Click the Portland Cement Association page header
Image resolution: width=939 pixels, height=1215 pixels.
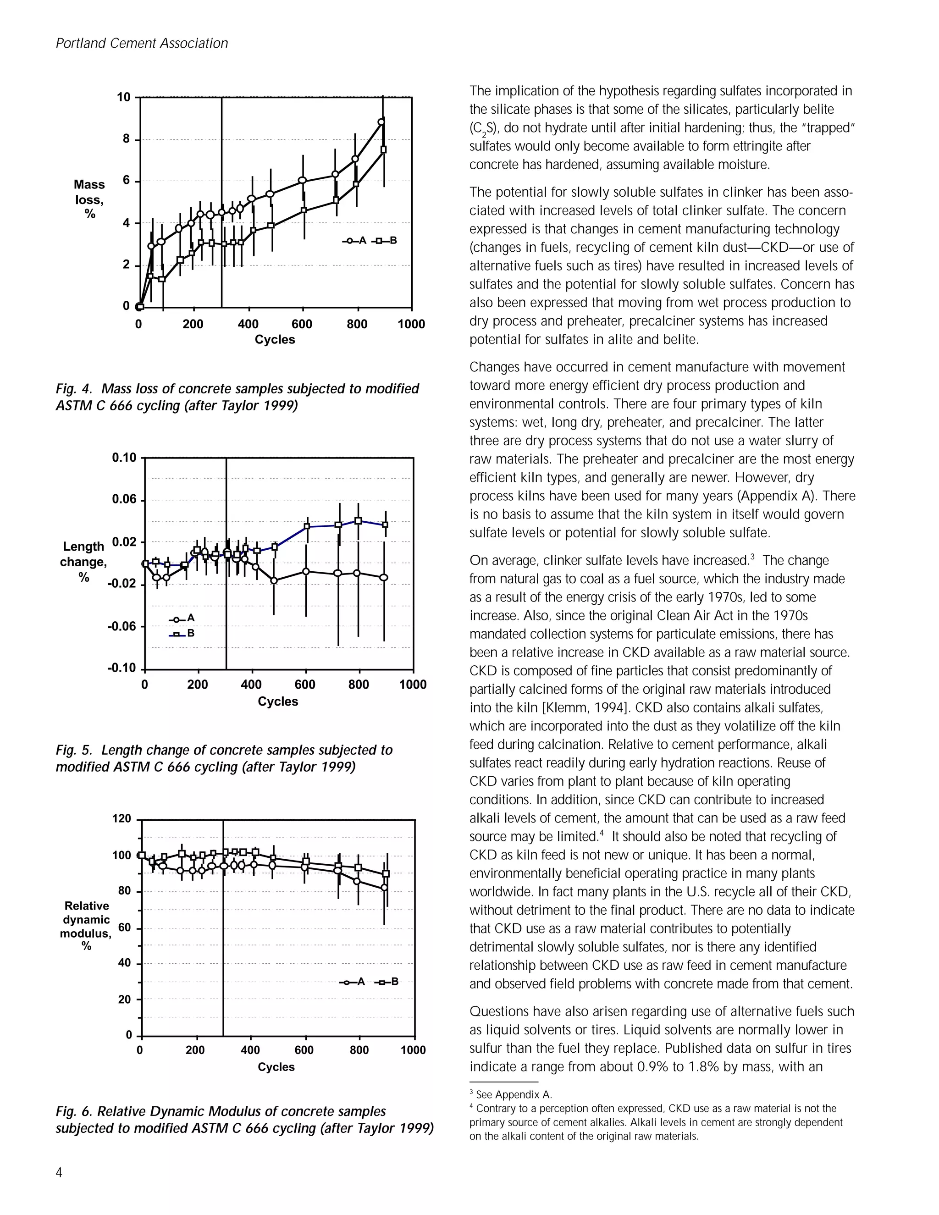tap(142, 44)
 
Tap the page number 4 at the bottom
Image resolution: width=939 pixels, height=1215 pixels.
tap(59, 1173)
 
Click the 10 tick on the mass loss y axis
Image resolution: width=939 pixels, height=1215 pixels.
tap(123, 97)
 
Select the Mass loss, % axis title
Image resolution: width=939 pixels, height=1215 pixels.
tap(89, 199)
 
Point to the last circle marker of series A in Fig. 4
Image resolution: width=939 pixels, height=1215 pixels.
tap(381, 122)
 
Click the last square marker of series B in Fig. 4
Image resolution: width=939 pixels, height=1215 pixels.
tap(383, 149)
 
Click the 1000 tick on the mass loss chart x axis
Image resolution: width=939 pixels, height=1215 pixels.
tap(411, 324)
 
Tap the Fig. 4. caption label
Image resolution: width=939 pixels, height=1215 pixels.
tap(73, 389)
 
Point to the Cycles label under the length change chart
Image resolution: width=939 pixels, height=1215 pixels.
tap(277, 701)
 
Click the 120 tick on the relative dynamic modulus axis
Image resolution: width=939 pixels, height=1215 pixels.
tap(122, 818)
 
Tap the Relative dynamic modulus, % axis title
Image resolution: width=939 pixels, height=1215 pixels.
tap(86, 926)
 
